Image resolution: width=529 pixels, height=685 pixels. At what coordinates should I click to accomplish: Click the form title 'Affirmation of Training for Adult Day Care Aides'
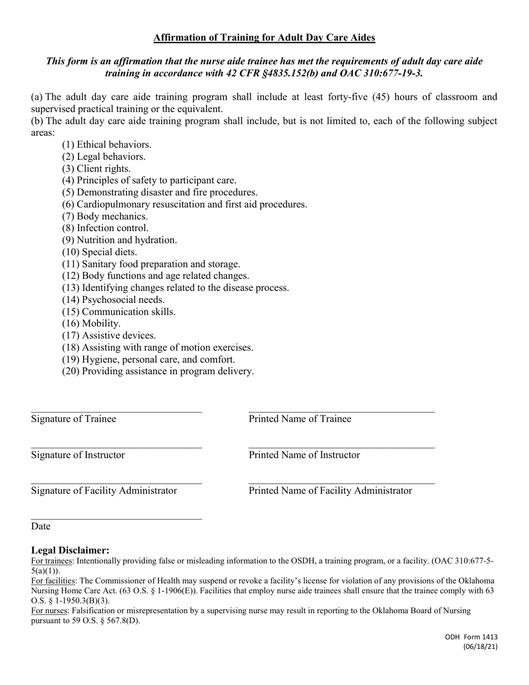(x=264, y=38)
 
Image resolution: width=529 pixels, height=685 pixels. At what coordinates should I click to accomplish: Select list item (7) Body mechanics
(x=105, y=216)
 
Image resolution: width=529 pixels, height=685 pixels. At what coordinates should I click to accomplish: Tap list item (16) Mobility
(x=91, y=323)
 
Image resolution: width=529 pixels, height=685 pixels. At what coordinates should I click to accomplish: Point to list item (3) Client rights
(x=96, y=168)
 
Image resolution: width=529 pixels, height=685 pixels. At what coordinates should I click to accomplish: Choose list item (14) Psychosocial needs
(x=113, y=300)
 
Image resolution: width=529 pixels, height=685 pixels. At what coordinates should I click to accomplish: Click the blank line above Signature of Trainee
(x=116, y=411)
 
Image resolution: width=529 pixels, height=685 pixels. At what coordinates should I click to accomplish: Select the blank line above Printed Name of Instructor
(x=341, y=447)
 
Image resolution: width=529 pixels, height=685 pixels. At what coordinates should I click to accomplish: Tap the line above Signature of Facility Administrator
(x=116, y=483)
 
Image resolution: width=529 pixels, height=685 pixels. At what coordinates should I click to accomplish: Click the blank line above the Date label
(x=116, y=518)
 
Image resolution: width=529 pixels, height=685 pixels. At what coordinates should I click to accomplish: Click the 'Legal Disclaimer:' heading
(x=70, y=550)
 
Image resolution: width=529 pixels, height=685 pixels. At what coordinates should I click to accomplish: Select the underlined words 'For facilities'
(x=53, y=580)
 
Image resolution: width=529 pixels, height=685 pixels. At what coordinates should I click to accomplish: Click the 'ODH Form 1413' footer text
(x=471, y=637)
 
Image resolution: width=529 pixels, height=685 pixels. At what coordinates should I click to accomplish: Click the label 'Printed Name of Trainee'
(x=300, y=419)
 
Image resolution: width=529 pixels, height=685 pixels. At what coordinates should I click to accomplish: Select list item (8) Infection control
(x=105, y=228)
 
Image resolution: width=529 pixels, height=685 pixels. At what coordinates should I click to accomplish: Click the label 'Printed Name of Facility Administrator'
(x=330, y=491)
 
